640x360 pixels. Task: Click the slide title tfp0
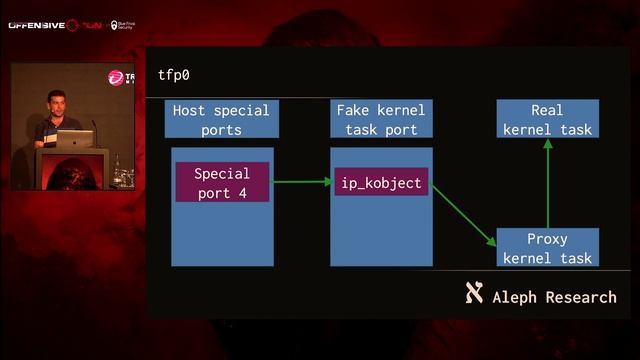(174, 75)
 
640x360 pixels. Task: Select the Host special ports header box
(221, 119)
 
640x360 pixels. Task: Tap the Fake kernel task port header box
(381, 119)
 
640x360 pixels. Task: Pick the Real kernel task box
(547, 119)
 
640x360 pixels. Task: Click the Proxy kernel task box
(547, 248)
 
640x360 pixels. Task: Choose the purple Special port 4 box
(222, 181)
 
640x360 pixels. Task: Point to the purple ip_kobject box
(381, 181)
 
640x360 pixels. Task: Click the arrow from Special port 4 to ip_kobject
(301, 182)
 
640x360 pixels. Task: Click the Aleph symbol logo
(474, 294)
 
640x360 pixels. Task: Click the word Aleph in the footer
(516, 297)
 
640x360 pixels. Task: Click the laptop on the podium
(74, 139)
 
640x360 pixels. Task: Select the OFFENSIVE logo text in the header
(36, 25)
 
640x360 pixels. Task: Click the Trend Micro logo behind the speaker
(119, 77)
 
